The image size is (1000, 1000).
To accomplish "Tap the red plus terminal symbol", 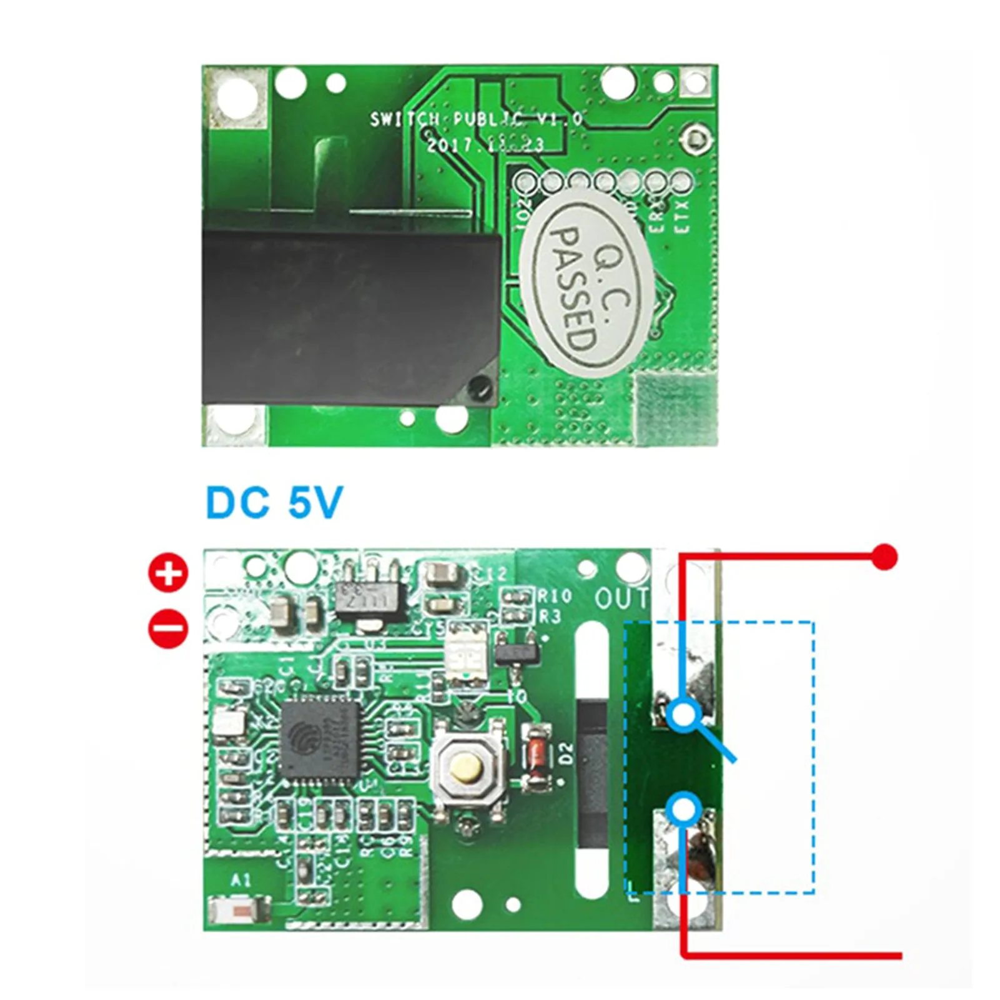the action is coord(168,572).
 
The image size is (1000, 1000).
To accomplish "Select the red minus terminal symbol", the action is coord(168,628).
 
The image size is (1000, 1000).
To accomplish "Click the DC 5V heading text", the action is coord(274,502).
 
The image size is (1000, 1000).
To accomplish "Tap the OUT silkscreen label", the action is coord(621,598).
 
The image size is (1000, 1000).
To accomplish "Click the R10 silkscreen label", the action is coord(555,595).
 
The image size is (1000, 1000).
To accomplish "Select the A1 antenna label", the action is coord(241,880).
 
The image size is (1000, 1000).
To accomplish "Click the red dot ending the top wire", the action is coord(884,556).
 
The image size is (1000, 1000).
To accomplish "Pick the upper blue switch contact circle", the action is coord(684,713).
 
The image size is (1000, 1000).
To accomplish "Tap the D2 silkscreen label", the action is coord(565,753).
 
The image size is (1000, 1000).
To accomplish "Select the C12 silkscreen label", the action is coord(493,573).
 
